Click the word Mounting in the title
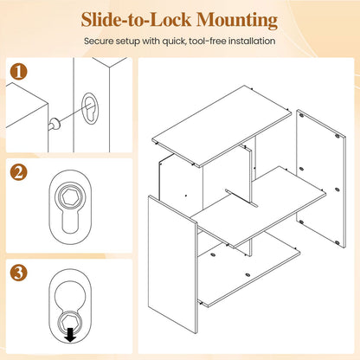237,20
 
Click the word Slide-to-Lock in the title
136,20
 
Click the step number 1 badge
18,71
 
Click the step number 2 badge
18,172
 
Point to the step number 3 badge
18,273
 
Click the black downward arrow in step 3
70,336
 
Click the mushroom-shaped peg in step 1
54,125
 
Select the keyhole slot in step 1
90,108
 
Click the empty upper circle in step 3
70,295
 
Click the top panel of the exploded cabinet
222,126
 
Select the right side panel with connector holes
321,178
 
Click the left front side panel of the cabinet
173,264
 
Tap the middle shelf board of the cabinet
258,207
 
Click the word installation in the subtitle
252,41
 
